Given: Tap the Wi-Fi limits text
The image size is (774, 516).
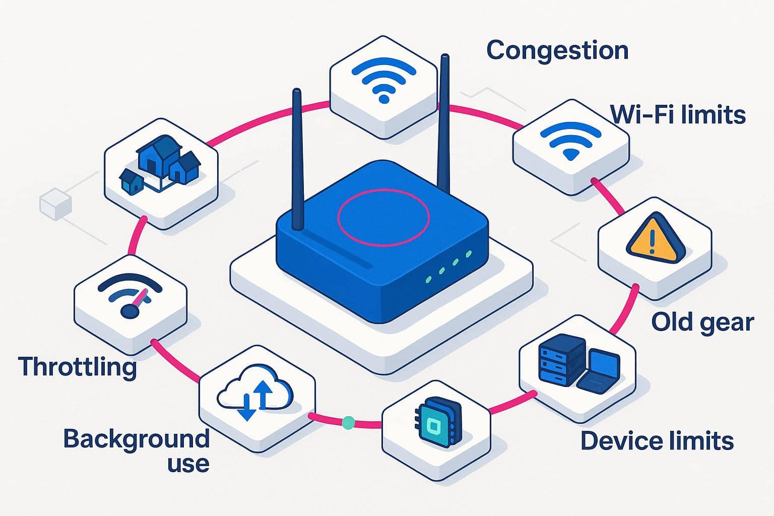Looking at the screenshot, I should pos(677,115).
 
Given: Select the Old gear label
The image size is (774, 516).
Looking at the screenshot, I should pos(702,322).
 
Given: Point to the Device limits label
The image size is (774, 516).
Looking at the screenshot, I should pos(657,441).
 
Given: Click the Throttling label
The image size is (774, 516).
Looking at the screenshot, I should pos(77,367).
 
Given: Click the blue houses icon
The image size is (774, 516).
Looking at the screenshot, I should pos(160,164).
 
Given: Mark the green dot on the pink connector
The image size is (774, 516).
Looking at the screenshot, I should pos(348,422).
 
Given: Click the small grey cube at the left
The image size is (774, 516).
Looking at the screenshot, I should pos(55,204).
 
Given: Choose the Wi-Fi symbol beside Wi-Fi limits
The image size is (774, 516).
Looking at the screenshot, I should pos(570,138).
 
